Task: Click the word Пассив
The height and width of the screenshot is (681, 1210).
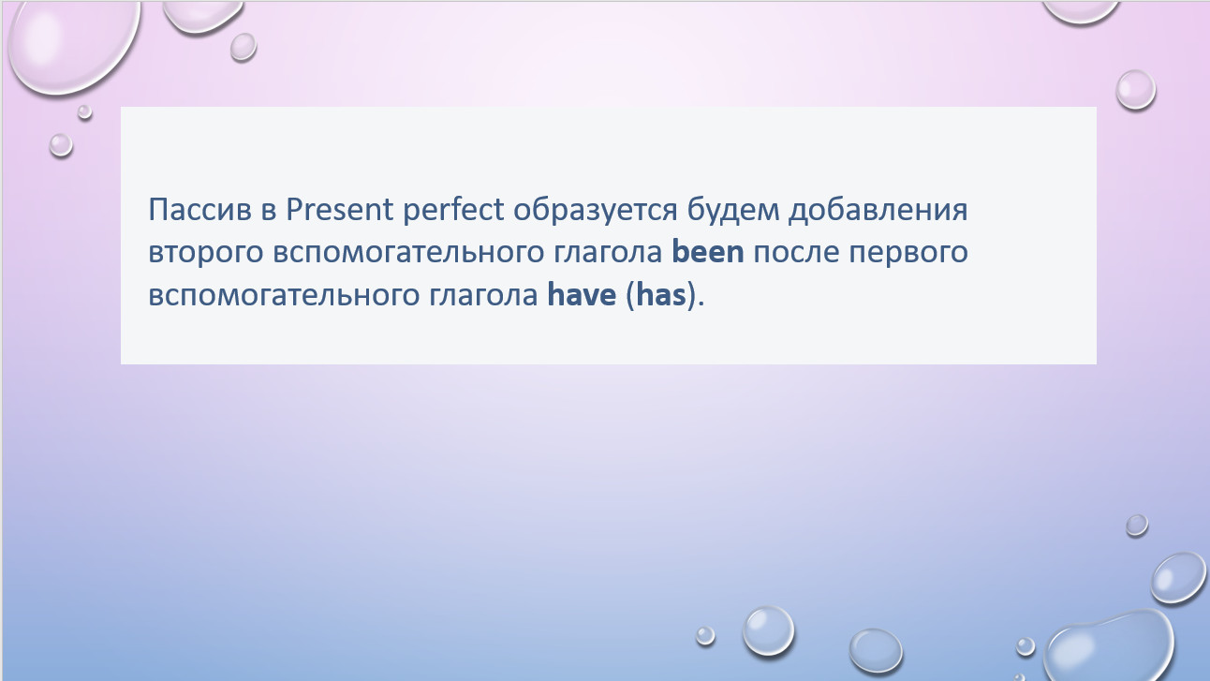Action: (x=199, y=209)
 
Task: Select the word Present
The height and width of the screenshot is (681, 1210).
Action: (x=339, y=209)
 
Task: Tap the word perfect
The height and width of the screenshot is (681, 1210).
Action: (x=453, y=209)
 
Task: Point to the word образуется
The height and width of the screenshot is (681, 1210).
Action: (x=595, y=210)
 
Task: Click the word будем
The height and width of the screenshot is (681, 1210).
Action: (x=733, y=209)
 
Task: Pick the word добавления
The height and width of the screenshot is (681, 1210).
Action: (x=878, y=211)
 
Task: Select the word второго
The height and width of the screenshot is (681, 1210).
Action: (x=206, y=253)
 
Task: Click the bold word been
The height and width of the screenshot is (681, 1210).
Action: (x=708, y=251)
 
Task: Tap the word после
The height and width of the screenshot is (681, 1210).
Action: (x=796, y=253)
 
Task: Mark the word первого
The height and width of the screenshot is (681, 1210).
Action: (x=908, y=253)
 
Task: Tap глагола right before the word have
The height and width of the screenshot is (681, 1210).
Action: (x=483, y=297)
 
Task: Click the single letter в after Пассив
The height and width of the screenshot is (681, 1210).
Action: (x=269, y=211)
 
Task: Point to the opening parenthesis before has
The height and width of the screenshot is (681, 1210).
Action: (x=630, y=296)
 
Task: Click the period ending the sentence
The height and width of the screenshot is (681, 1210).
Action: (x=701, y=304)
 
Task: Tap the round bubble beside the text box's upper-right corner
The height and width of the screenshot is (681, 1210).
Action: (x=1136, y=90)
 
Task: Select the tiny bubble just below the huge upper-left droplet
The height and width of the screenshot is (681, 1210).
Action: (x=85, y=111)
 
